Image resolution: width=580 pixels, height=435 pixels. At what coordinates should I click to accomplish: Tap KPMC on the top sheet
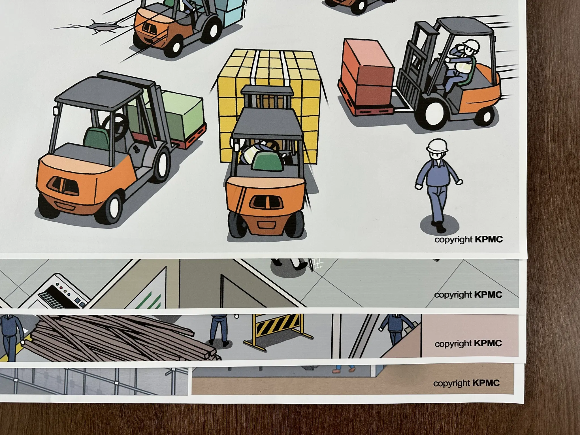pyautogui.click(x=489, y=239)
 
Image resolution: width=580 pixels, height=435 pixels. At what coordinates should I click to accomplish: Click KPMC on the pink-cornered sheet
pyautogui.click(x=488, y=343)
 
